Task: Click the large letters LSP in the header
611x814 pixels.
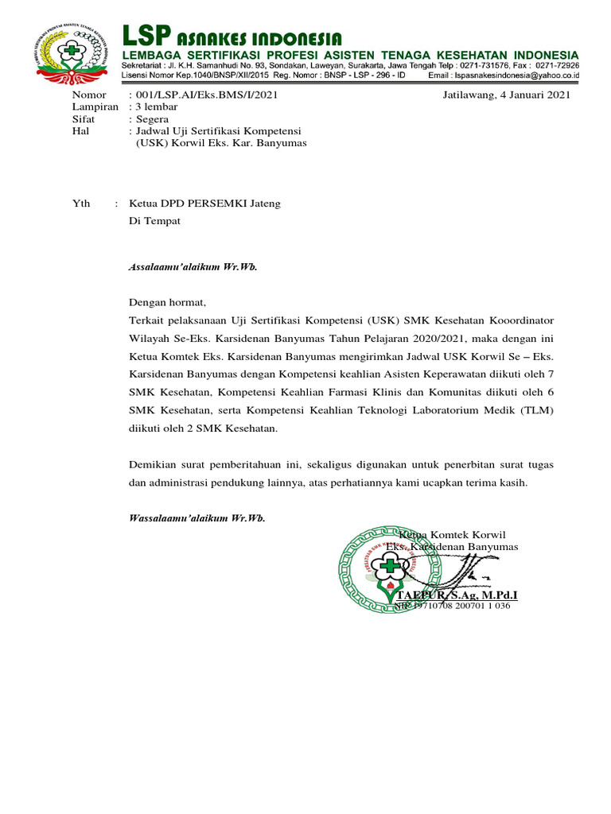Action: (146, 36)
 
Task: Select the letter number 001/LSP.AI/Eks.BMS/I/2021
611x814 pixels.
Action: (207, 95)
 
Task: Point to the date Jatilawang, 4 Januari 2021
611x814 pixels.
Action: (506, 95)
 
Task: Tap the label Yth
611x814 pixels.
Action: (82, 203)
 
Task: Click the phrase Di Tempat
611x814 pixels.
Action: (154, 221)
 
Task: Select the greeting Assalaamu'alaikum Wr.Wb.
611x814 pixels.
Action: (193, 267)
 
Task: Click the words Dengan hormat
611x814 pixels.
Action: (167, 302)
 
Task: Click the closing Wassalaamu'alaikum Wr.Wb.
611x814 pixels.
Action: (197, 518)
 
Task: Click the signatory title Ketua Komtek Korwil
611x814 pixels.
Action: (452, 534)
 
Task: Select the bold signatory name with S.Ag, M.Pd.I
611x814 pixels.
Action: (457, 595)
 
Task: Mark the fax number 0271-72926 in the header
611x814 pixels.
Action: (555, 64)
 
